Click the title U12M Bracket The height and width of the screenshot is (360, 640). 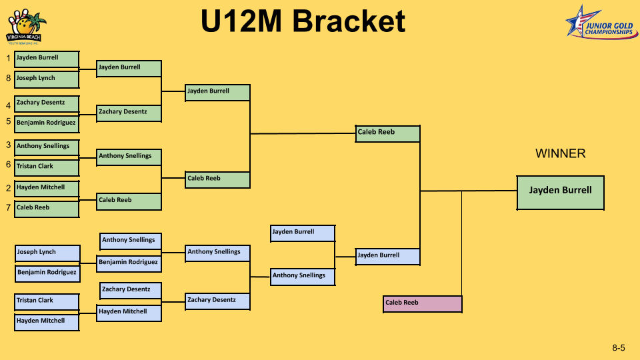(303, 21)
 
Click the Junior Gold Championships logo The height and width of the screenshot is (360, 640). (601, 23)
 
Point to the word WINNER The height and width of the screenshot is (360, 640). (561, 153)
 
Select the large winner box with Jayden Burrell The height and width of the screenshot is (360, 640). (561, 193)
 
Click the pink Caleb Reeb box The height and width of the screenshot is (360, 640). (423, 304)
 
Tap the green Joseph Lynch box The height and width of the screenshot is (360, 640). (47, 79)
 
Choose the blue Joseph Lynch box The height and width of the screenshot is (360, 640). (47, 253)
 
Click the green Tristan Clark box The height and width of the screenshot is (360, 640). (47, 168)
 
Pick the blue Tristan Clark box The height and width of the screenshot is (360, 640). (47, 302)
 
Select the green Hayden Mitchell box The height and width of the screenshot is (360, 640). (47, 189)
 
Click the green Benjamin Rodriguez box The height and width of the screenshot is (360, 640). (47, 124)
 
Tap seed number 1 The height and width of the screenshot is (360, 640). (8, 59)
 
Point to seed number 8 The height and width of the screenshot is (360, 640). (8, 78)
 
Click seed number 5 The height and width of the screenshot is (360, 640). (8, 121)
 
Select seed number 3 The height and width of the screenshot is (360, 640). (8, 145)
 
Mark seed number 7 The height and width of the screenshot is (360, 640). (8, 208)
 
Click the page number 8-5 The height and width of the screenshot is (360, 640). (619, 348)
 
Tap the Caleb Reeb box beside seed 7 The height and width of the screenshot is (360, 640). (47, 209)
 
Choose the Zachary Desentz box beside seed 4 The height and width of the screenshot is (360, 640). (47, 104)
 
